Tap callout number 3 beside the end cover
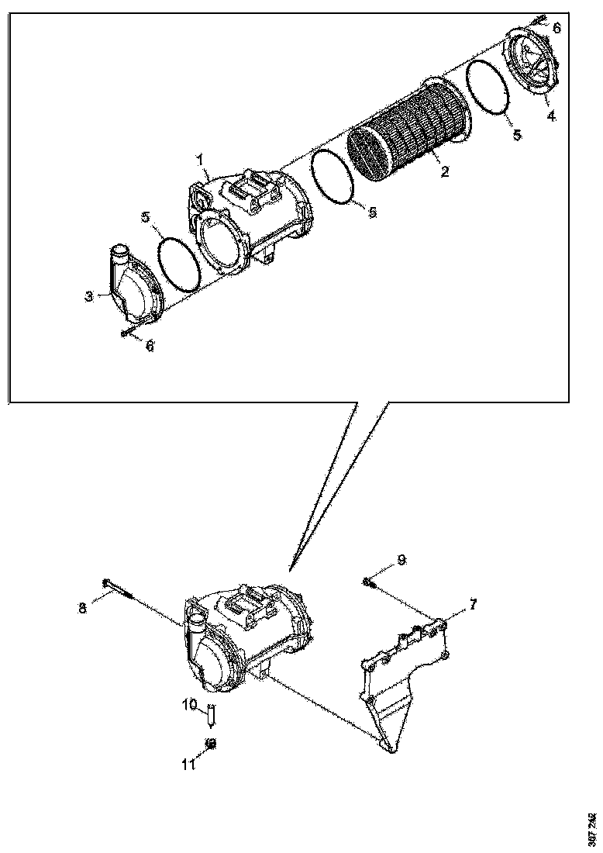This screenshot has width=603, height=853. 89,295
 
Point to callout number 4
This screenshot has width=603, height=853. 551,116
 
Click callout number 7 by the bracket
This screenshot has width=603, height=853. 472,603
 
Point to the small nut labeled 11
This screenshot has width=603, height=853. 210,743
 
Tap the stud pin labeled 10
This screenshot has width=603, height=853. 211,715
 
